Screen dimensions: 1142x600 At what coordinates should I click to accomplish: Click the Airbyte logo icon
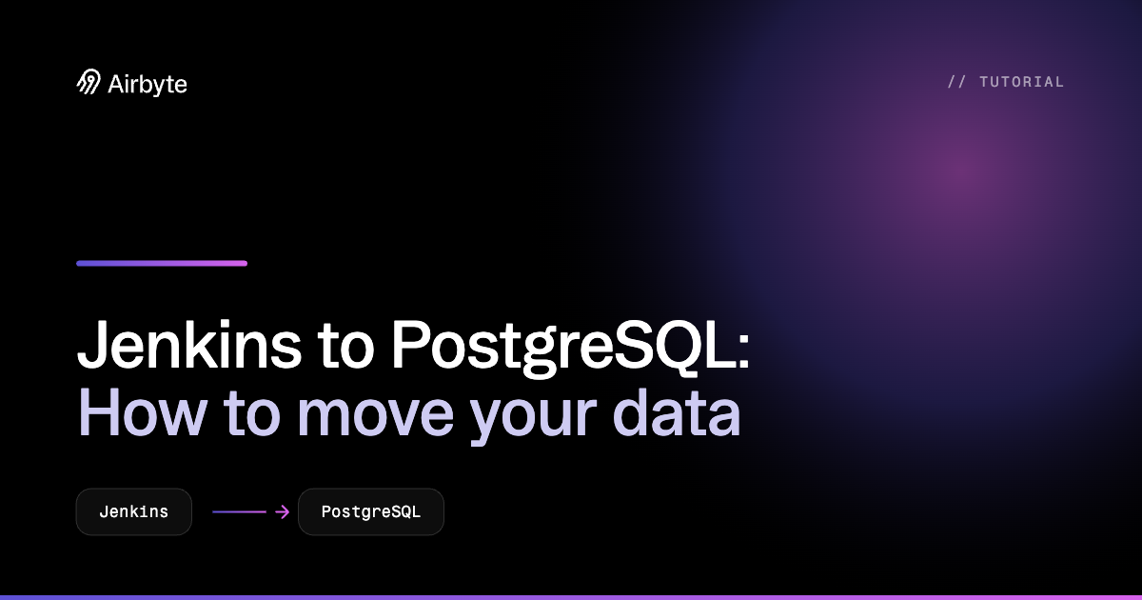(x=89, y=82)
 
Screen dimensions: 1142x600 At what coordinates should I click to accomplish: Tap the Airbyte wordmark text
(x=148, y=85)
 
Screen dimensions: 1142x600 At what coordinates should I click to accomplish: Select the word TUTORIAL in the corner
(x=1022, y=82)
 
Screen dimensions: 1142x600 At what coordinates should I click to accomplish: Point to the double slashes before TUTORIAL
(x=956, y=82)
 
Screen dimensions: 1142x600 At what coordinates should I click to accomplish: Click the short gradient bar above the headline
(x=162, y=263)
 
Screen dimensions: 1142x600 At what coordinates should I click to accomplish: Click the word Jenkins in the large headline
(x=189, y=344)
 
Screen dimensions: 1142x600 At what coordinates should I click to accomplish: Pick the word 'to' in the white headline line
(x=345, y=346)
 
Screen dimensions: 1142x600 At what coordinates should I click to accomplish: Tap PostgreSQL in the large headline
(x=561, y=348)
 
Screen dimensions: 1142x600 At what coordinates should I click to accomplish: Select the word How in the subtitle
(x=142, y=412)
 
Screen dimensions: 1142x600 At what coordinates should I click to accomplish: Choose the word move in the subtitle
(x=375, y=418)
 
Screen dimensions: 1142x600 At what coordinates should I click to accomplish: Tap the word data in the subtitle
(x=677, y=413)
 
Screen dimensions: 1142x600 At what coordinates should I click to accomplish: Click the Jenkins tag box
(x=134, y=511)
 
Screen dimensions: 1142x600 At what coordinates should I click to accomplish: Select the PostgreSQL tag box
(x=371, y=511)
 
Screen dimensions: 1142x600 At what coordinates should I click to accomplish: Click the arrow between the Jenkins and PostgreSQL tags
(x=251, y=511)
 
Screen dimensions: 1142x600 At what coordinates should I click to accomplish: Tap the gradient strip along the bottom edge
(x=571, y=597)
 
